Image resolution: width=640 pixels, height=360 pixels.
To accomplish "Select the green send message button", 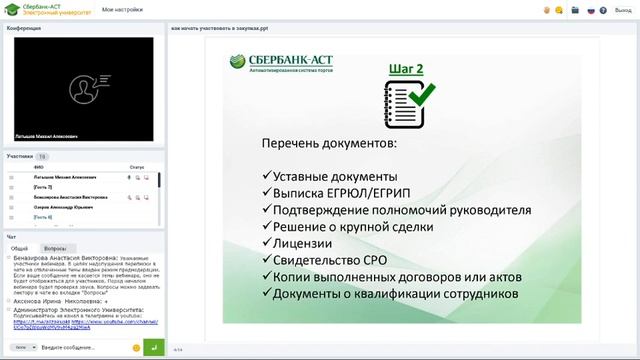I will [x=153, y=346].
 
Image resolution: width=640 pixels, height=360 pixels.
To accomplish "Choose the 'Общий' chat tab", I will [x=19, y=247].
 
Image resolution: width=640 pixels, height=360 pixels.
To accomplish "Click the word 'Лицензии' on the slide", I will [x=298, y=243].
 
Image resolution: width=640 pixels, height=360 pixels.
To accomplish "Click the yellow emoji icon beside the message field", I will [x=136, y=346].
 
